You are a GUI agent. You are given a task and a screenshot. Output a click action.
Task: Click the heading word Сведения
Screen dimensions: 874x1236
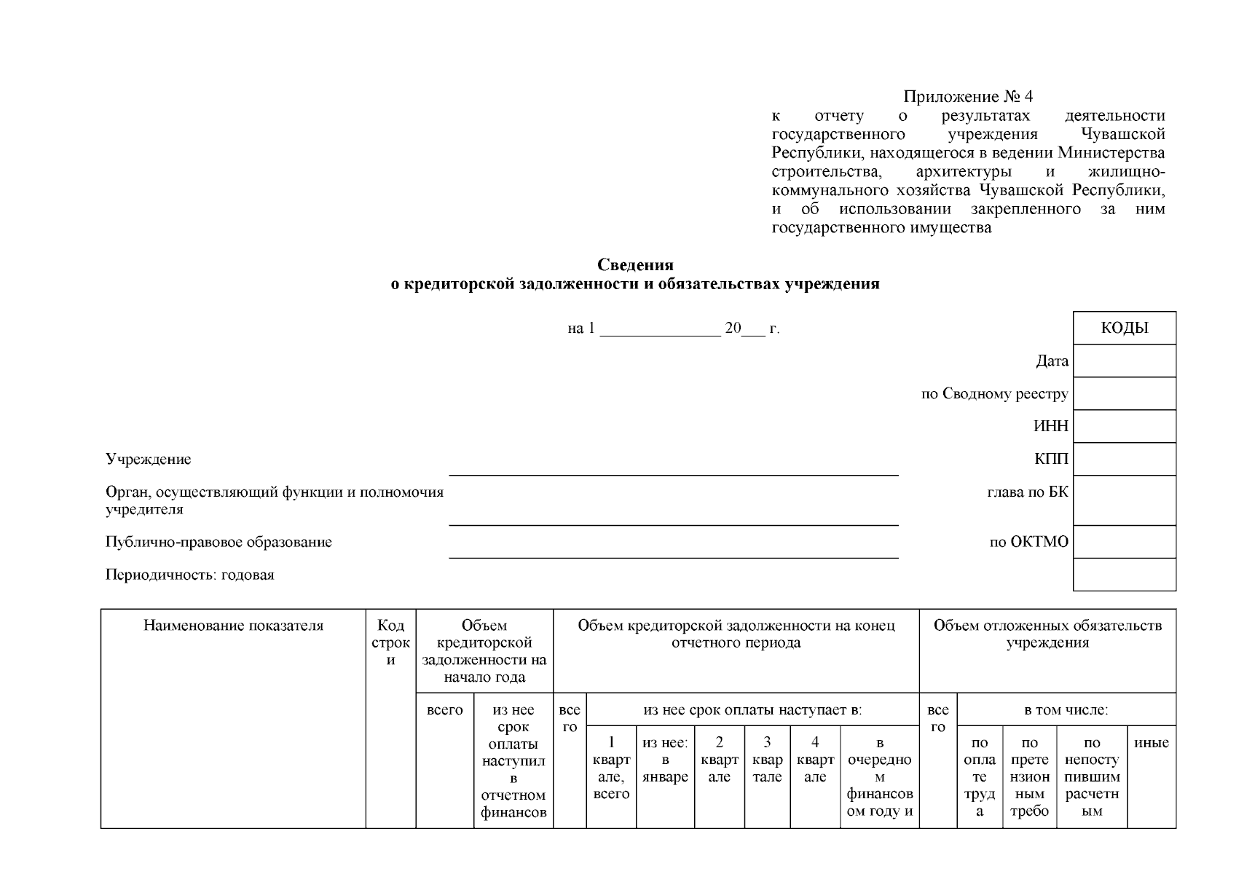click(635, 265)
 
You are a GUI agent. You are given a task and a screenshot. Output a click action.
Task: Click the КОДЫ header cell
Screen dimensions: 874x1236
click(1124, 328)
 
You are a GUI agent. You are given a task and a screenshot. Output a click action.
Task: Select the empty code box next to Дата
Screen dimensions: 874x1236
click(1124, 361)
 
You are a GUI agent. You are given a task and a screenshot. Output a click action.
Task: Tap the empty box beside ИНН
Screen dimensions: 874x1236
click(1124, 426)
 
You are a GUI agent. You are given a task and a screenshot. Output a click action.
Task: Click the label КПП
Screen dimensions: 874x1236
click(1051, 459)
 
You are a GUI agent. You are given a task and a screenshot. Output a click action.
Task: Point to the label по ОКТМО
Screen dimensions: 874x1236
click(1028, 542)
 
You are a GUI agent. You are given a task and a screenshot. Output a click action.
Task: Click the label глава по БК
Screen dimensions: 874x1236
click(1027, 492)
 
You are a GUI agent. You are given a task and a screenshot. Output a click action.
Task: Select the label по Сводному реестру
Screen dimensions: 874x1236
click(994, 394)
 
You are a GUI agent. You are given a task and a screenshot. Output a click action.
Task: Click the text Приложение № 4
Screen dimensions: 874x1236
click(968, 97)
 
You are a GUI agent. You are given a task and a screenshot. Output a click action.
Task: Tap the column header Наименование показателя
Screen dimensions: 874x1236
click(233, 626)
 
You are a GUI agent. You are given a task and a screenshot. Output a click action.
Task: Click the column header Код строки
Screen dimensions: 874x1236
click(390, 642)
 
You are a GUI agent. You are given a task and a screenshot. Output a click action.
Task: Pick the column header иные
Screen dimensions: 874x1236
click(1151, 743)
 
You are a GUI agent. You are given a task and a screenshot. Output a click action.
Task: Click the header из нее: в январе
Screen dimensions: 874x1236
click(665, 760)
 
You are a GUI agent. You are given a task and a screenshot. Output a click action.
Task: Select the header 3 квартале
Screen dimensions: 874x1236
click(766, 760)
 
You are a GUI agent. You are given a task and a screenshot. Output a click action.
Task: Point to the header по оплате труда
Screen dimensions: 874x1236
click(979, 776)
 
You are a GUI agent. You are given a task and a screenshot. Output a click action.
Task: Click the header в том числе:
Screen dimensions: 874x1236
click(1066, 710)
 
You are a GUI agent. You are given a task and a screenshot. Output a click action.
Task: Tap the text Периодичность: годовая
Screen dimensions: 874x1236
click(189, 575)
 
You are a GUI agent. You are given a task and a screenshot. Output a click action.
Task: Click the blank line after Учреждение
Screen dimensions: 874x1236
click(673, 466)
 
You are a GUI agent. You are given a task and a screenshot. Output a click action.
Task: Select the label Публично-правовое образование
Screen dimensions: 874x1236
click(219, 542)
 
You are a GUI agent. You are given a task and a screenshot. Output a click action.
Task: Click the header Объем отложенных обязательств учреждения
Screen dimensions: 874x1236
click(1047, 634)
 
